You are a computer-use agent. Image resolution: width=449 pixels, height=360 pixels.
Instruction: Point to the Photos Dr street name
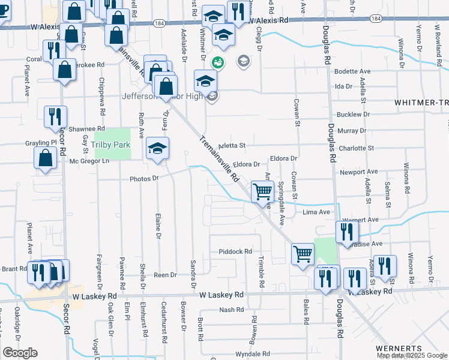[143, 178]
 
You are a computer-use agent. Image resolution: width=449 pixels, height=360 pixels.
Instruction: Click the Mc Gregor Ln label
[90, 161]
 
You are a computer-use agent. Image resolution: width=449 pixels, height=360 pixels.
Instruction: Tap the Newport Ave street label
[358, 172]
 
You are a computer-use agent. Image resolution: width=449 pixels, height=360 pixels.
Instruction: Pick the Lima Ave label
[316, 212]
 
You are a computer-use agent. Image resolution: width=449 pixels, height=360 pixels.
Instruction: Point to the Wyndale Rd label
[251, 354]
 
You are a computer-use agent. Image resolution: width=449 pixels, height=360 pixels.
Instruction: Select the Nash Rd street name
[231, 310]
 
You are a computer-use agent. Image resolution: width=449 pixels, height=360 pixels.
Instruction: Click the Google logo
[20, 353]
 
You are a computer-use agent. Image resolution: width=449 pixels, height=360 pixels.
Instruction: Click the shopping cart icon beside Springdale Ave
[262, 192]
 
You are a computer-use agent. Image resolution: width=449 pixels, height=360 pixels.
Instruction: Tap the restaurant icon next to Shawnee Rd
[55, 116]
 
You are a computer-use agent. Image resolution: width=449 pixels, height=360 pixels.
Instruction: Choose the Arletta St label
[232, 145]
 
